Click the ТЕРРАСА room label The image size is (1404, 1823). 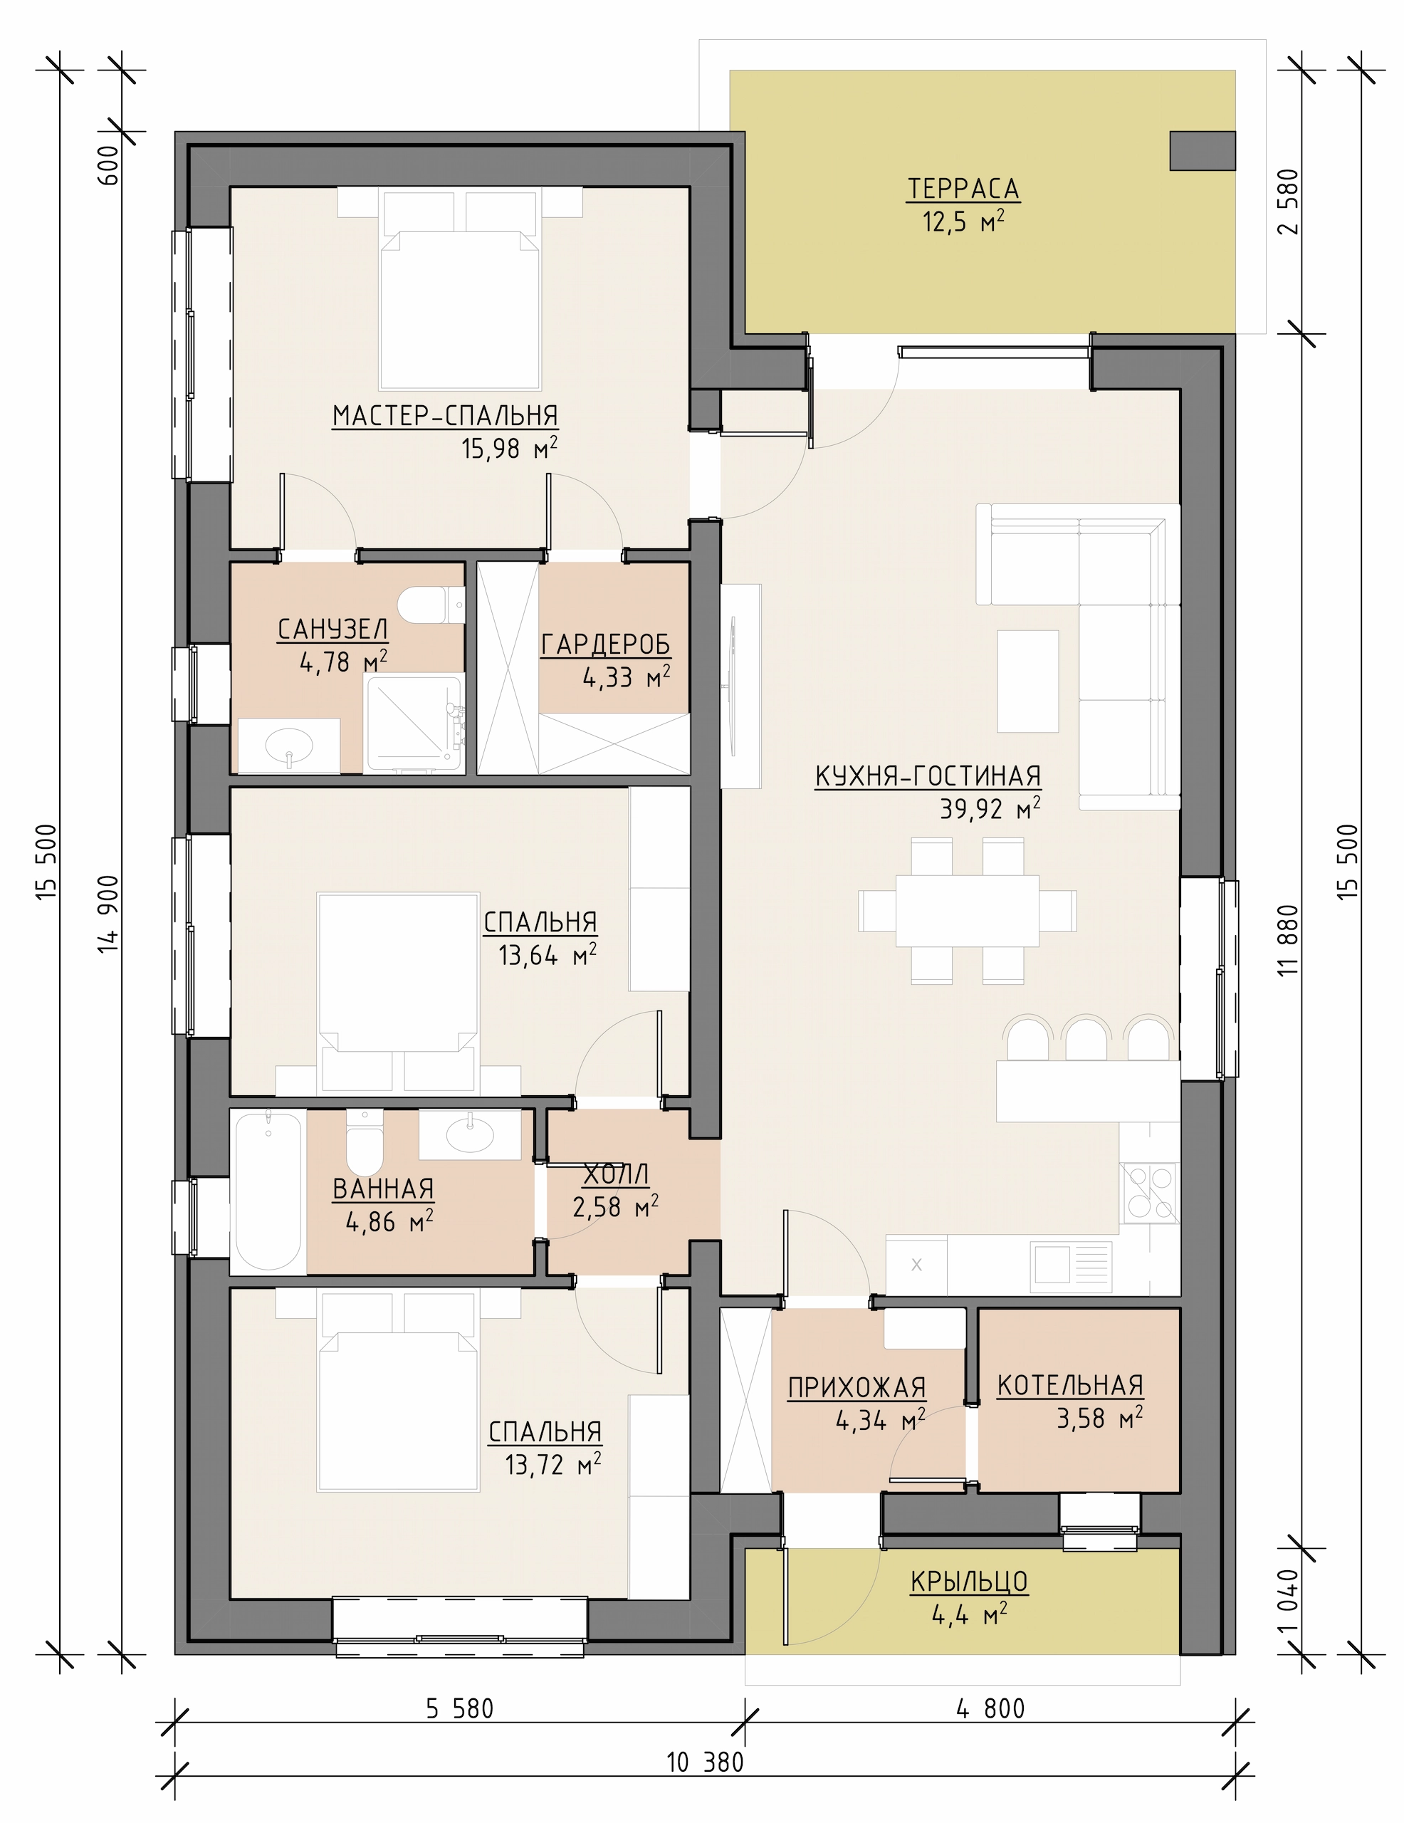tap(963, 189)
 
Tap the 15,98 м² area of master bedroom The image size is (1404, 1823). tap(509, 448)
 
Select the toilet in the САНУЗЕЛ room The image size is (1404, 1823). tap(431, 605)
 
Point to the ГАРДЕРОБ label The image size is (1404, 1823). tap(605, 644)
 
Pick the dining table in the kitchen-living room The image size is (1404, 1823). tap(967, 910)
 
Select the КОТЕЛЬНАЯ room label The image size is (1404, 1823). tap(1070, 1386)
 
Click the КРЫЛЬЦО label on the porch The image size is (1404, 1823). tap(968, 1582)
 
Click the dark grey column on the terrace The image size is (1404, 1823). tap(1202, 151)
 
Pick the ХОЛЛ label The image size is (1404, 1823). tap(615, 1174)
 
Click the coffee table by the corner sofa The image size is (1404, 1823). tap(1027, 680)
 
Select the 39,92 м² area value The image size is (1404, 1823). tap(990, 809)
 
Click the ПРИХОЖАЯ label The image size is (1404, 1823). tap(857, 1387)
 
